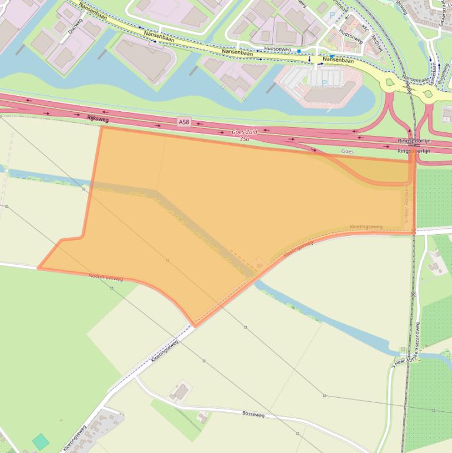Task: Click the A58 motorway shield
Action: coord(185,122)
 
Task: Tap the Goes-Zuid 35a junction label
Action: coord(245,135)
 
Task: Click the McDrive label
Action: coord(376,44)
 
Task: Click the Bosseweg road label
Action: coord(253,414)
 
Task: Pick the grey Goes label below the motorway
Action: coord(348,151)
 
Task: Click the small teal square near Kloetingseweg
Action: coord(41,441)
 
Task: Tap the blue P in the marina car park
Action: coord(324,84)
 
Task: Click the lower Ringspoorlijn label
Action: coord(414,151)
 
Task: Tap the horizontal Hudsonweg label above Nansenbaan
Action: coord(278,49)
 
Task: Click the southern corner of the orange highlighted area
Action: coord(194,325)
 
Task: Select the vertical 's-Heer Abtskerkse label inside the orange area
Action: coord(406,203)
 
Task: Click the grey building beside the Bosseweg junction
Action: coord(180,391)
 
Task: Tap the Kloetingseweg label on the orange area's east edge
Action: coord(366,226)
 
